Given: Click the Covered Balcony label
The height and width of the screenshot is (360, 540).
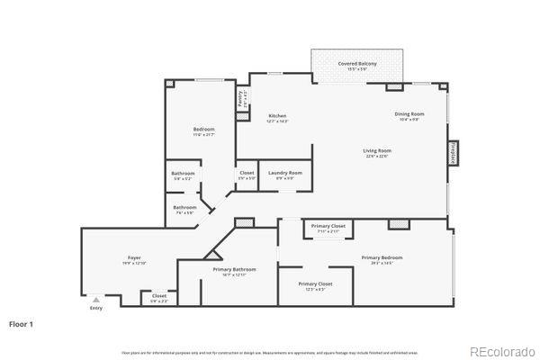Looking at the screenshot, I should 357,64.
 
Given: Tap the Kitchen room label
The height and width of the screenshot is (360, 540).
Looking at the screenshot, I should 277,116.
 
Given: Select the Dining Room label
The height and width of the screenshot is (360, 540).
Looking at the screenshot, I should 408,113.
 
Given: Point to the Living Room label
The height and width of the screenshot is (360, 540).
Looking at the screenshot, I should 376,150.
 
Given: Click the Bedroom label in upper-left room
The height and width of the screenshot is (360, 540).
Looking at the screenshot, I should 203,130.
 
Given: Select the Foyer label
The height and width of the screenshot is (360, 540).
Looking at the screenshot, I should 133,258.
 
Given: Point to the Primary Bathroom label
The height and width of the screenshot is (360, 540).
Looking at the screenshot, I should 234,269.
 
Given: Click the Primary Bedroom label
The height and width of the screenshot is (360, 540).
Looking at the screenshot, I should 382,257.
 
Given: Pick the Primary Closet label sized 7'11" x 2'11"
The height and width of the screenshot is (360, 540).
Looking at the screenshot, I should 328,225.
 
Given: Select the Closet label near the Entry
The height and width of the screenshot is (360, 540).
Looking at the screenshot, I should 159,295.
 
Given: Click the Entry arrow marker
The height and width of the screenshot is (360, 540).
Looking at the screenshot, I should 96,301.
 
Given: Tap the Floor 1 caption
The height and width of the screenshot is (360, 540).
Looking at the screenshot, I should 22,322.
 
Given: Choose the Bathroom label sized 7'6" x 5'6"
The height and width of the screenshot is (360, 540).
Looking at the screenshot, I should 184,208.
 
